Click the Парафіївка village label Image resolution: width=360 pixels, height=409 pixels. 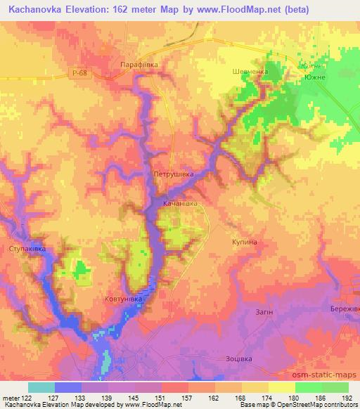pyautogui.click(x=135, y=64)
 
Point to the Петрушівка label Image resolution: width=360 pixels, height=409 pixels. pyautogui.click(x=173, y=172)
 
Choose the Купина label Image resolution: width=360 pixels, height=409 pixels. pyautogui.click(x=244, y=242)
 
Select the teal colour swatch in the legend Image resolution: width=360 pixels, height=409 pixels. pyautogui.click(x=41, y=387)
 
